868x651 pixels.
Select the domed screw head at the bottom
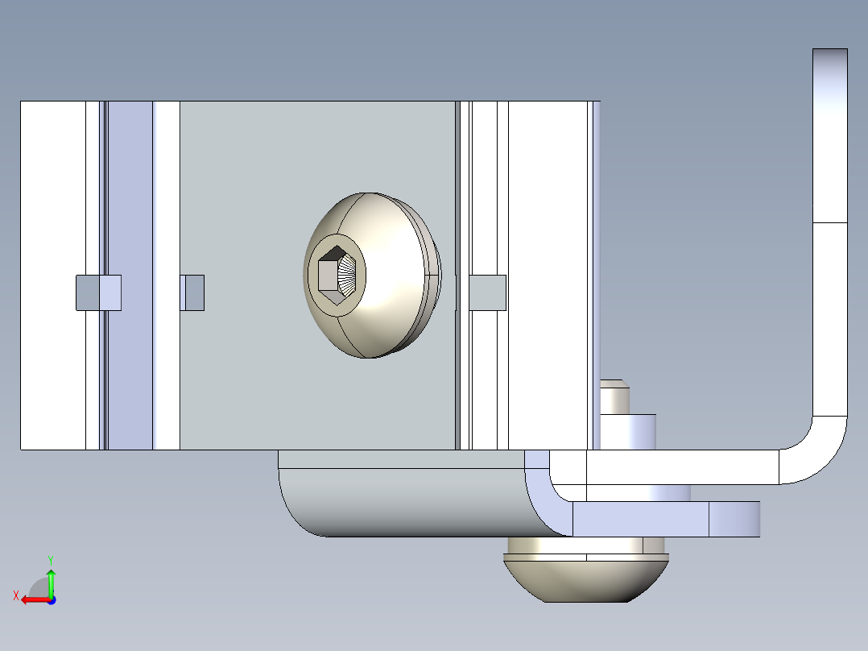[585, 578]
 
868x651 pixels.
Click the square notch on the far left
[97, 292]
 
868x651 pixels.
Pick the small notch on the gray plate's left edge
[192, 292]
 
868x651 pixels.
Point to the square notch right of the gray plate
[487, 292]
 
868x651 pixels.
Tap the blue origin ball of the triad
[52, 599]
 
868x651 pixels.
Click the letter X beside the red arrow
[15, 595]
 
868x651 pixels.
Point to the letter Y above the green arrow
[50, 558]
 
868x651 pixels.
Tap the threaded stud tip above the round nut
[614, 395]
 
